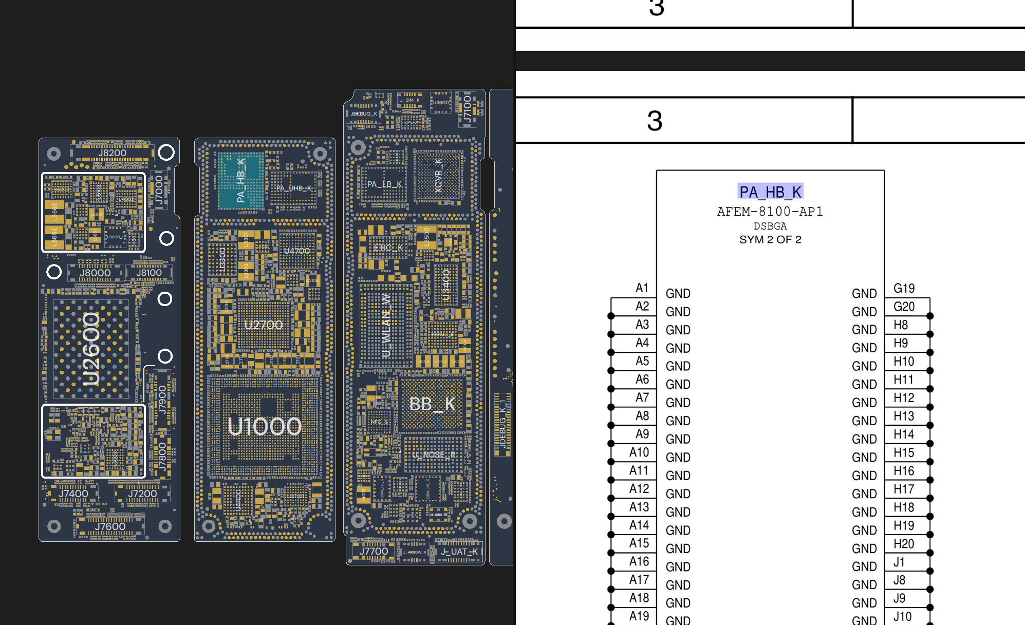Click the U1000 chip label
tap(265, 426)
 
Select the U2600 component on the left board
tap(91, 349)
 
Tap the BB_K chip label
tap(432, 404)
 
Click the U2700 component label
tap(263, 325)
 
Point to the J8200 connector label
tap(112, 153)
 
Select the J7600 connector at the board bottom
tap(110, 526)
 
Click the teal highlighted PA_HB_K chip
tap(241, 180)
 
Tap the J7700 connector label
tap(374, 552)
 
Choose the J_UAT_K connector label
tap(459, 552)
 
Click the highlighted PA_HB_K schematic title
tap(770, 192)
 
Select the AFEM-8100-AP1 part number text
tap(770, 212)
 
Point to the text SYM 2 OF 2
tap(770, 239)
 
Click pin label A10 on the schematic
tap(639, 452)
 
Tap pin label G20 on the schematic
tap(904, 307)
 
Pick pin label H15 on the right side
tap(904, 452)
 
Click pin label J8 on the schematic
tap(899, 580)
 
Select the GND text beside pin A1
tap(678, 293)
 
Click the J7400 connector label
tap(73, 494)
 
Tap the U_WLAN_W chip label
tap(386, 326)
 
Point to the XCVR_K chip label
tap(438, 176)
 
